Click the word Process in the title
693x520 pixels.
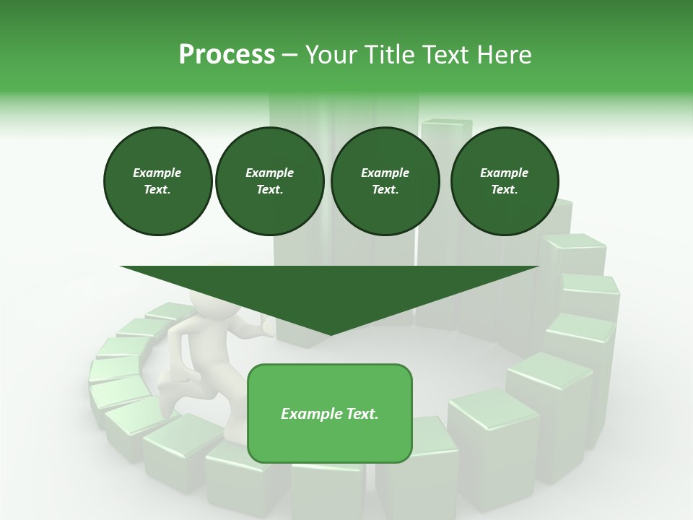coord(227,54)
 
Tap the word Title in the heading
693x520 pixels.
coord(388,54)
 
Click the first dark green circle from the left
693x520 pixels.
coord(157,181)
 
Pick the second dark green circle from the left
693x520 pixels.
coord(269,181)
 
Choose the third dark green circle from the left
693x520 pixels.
coord(385,181)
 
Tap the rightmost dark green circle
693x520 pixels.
coord(504,181)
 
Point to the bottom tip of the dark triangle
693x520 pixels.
coord(330,334)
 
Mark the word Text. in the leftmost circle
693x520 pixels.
coord(157,189)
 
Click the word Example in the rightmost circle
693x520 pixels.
coord(504,173)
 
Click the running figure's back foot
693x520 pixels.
coord(166,404)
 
